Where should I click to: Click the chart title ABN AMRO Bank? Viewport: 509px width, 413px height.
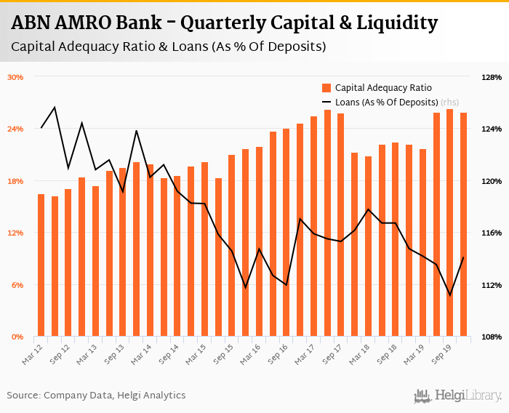point(224,23)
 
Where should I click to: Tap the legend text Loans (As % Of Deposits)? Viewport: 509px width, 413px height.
point(386,102)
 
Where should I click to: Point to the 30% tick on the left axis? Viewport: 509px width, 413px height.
point(16,77)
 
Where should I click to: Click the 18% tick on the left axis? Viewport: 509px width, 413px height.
point(16,181)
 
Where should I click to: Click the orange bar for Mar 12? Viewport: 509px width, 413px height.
point(41,265)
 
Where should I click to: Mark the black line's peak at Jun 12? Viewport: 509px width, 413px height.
point(55,108)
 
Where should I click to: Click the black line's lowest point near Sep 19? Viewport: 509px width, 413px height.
point(449,295)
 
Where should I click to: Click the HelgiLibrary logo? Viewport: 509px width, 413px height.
point(458,396)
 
